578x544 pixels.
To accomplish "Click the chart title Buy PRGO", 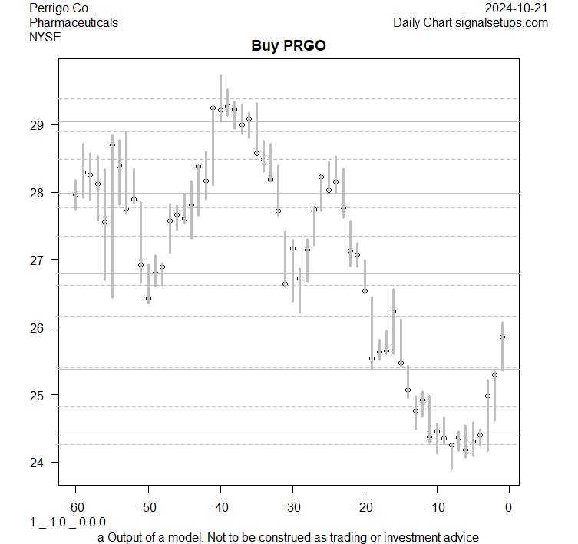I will [x=289, y=45].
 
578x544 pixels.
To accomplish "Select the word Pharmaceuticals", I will [x=74, y=22].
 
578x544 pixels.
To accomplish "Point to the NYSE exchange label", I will [x=45, y=36].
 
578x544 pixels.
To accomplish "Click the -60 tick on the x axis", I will [x=75, y=507].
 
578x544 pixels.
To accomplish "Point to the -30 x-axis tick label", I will [x=292, y=507].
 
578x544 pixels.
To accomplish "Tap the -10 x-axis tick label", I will [x=437, y=507].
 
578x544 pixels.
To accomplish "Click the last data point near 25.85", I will [x=502, y=337].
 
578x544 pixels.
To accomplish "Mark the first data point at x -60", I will [x=75, y=194].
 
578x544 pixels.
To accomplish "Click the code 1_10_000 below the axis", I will [x=68, y=522].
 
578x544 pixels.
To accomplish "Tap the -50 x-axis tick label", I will [x=148, y=507].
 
